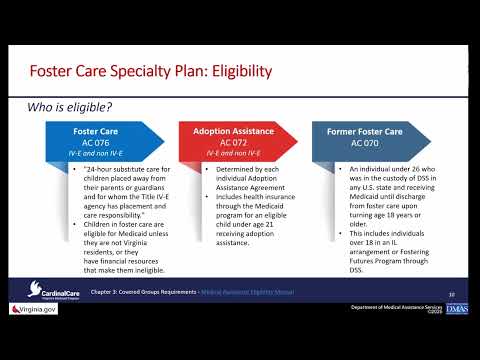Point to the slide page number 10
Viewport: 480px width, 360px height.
click(451, 294)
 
